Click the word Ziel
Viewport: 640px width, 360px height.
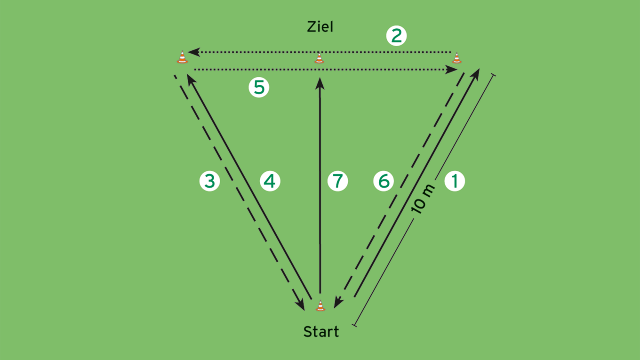[320, 27]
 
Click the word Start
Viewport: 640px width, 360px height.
[321, 332]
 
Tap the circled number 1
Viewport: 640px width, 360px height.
[455, 181]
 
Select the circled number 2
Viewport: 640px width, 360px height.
[396, 36]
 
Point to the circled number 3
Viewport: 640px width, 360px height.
[209, 181]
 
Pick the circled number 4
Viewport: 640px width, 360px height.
[270, 181]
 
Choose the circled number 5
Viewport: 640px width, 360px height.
[259, 88]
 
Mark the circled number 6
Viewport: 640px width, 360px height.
[384, 181]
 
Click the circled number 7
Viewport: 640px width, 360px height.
[337, 181]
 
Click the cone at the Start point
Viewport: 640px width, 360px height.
[320, 306]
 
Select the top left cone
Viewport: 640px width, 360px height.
[182, 57]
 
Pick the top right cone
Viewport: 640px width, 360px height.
[456, 58]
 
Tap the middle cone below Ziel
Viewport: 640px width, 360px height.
[319, 58]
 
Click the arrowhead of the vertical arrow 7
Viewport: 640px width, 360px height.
[320, 83]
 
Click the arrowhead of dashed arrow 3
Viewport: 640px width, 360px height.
[300, 305]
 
